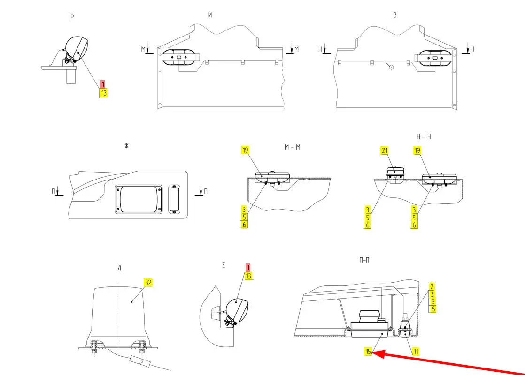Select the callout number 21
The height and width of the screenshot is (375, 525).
tap(385, 150)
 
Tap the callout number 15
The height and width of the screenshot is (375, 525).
tap(369, 351)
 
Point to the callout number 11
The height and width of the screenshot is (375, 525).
tap(416, 351)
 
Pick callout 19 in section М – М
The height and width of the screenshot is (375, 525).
tap(245, 150)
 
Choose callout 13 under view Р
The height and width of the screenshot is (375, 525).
tap(103, 93)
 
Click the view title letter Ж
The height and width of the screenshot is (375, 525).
tap(126, 146)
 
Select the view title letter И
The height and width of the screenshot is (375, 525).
tap(210, 15)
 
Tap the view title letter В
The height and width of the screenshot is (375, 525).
tap(395, 15)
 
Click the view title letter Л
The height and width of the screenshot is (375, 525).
tap(119, 269)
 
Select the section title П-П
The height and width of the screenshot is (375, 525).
tap(363, 260)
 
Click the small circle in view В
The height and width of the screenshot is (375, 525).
tap(390, 67)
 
